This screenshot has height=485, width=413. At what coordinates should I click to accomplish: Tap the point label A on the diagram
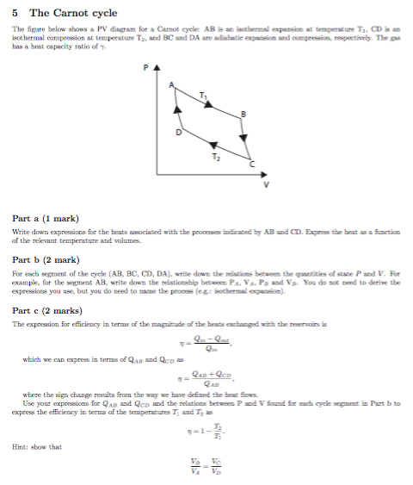click(171, 84)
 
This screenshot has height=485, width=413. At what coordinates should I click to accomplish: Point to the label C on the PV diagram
click(252, 164)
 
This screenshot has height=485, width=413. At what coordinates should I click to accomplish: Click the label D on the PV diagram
click(179, 134)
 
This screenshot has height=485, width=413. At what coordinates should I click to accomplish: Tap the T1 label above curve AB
click(203, 94)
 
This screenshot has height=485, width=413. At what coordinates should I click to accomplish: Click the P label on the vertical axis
click(146, 67)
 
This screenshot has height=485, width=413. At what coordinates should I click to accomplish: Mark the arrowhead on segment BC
click(243, 138)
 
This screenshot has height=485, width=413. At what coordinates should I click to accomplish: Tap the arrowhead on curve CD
click(211, 144)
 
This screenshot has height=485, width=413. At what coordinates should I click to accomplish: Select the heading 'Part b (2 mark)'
click(48, 259)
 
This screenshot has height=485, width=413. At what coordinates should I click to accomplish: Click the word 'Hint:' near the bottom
click(23, 446)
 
